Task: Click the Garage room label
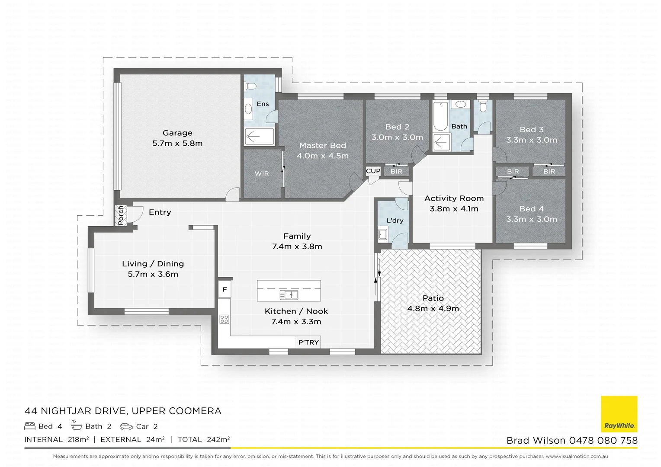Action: coord(177,133)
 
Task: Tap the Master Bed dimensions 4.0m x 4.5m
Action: coord(323,156)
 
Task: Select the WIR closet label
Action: coord(262,174)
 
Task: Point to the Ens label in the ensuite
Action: coord(263,104)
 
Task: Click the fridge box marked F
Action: coord(225,290)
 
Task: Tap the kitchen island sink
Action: coord(289,295)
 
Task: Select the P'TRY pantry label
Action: coord(308,342)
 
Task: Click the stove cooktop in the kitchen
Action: coord(224,320)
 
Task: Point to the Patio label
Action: coord(433,298)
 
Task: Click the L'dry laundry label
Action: coord(395,221)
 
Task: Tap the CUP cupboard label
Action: coord(373,171)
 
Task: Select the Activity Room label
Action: coord(454,198)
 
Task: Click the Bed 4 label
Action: coord(532,209)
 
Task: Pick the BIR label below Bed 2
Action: coord(396,172)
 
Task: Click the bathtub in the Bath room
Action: coord(440,116)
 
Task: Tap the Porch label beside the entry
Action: coord(121,215)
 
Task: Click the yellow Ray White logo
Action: coord(619,414)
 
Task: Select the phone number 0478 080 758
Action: coord(603,441)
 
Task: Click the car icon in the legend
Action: coord(126,426)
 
